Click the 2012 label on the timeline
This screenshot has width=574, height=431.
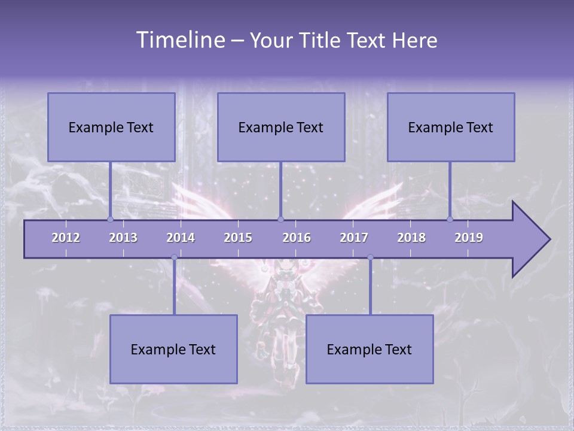pyautogui.click(x=66, y=238)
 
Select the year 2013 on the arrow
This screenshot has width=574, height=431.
pyautogui.click(x=123, y=238)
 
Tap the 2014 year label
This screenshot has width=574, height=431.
pyautogui.click(x=181, y=238)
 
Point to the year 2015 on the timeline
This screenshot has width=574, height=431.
pyautogui.click(x=238, y=238)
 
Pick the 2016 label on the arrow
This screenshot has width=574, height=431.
pyautogui.click(x=297, y=238)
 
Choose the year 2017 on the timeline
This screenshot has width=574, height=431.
pyautogui.click(x=354, y=238)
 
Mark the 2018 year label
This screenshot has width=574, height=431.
pyautogui.click(x=411, y=238)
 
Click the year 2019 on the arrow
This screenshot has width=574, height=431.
pyautogui.click(x=469, y=238)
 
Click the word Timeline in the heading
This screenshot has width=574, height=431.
pyautogui.click(x=181, y=40)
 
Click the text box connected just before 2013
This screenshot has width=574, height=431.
pyautogui.click(x=111, y=127)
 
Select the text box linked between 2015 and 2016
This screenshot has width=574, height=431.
pyautogui.click(x=281, y=127)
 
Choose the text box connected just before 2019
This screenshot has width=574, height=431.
pyautogui.click(x=451, y=127)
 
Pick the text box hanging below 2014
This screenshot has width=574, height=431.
pyautogui.click(x=173, y=349)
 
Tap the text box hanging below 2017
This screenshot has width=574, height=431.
pyautogui.click(x=370, y=349)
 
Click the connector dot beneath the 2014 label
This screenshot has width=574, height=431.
pyautogui.click(x=174, y=257)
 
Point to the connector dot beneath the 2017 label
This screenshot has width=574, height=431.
pyautogui.click(x=370, y=257)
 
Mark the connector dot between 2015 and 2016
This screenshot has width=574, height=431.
pyautogui.click(x=280, y=219)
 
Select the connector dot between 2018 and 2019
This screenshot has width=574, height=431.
pyautogui.click(x=450, y=219)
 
